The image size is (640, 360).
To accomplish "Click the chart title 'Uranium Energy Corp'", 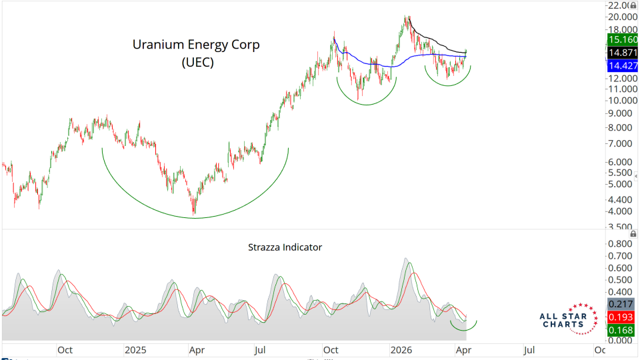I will pos(195,45).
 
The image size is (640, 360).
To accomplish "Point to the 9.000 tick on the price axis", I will pos(620,114).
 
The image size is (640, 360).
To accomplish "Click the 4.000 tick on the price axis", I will pos(620,211).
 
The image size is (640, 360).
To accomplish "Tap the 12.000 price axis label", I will pos(620,79).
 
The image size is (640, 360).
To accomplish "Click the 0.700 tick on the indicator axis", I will pos(620,256).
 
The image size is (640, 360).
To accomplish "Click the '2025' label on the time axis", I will pos(135,349).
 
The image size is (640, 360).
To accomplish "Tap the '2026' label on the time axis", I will pos(401,349).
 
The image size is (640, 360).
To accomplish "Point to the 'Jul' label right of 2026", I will pos(530,349).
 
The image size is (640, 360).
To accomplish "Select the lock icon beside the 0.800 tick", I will pos(633,234).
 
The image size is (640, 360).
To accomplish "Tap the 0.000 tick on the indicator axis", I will pos(620,340).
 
